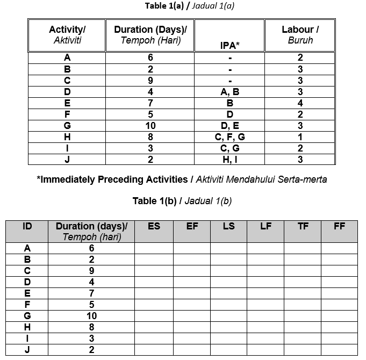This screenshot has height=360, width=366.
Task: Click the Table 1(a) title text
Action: [x=190, y=6]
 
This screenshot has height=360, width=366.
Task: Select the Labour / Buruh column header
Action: [x=300, y=35]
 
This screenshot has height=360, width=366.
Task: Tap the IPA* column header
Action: [x=229, y=46]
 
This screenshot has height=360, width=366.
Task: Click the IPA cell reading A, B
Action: [x=229, y=92]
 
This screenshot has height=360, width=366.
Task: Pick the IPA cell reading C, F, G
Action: [x=229, y=137]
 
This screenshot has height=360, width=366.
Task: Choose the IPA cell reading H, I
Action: [x=229, y=160]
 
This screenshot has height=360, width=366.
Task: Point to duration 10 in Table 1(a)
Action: [x=150, y=126]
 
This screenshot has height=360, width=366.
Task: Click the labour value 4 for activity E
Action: [x=300, y=103]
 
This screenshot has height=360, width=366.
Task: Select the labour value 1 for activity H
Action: [x=300, y=137]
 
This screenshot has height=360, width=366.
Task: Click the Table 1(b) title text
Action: [x=182, y=201]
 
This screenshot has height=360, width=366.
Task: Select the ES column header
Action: [x=154, y=226]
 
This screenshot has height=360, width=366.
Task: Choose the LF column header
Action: [x=265, y=226]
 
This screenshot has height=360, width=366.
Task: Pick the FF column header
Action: [x=339, y=226]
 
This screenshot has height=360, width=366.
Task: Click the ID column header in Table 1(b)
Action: [x=27, y=226]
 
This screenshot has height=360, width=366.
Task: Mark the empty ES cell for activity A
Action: [x=154, y=248]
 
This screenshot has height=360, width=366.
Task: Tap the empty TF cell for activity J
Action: [x=303, y=350]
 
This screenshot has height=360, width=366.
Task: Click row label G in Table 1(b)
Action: [x=27, y=316]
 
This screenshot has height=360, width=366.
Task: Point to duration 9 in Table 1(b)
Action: [x=91, y=271]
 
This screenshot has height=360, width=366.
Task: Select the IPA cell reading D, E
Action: [x=229, y=126]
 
